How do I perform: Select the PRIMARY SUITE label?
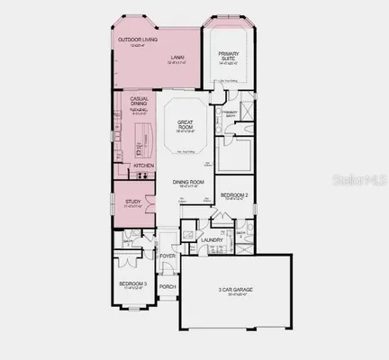[229, 56]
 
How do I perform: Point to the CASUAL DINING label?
[140, 102]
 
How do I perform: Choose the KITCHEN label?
[144, 166]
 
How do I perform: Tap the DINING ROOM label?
[189, 183]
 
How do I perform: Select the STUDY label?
[131, 201]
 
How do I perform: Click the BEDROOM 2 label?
[234, 194]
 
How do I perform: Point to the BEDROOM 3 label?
[132, 283]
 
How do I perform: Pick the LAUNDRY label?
[212, 240]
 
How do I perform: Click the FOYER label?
[167, 255]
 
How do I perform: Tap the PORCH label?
[167, 287]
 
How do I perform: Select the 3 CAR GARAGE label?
[237, 289]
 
